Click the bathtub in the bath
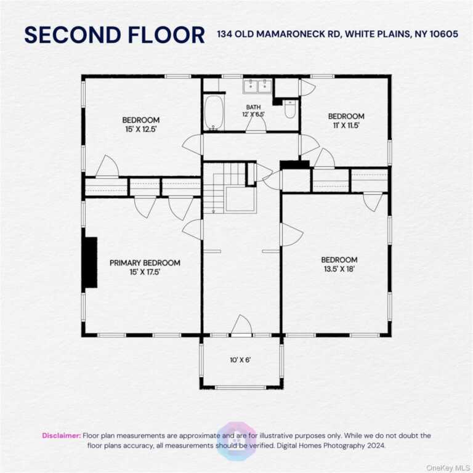[x=214, y=113]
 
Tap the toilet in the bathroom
[x=290, y=109]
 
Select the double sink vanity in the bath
[x=257, y=86]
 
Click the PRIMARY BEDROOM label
[x=145, y=263]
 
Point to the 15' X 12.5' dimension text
[x=141, y=129]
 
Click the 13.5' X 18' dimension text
[x=339, y=269]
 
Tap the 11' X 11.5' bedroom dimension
[x=346, y=126]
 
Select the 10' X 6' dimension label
[x=240, y=360]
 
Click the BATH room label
[x=253, y=107]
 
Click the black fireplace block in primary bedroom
[x=91, y=262]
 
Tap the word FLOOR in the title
[x=166, y=34]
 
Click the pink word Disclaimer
[x=62, y=435]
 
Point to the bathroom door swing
[x=256, y=124]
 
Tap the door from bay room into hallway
[x=241, y=325]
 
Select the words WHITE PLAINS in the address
[x=378, y=34]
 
